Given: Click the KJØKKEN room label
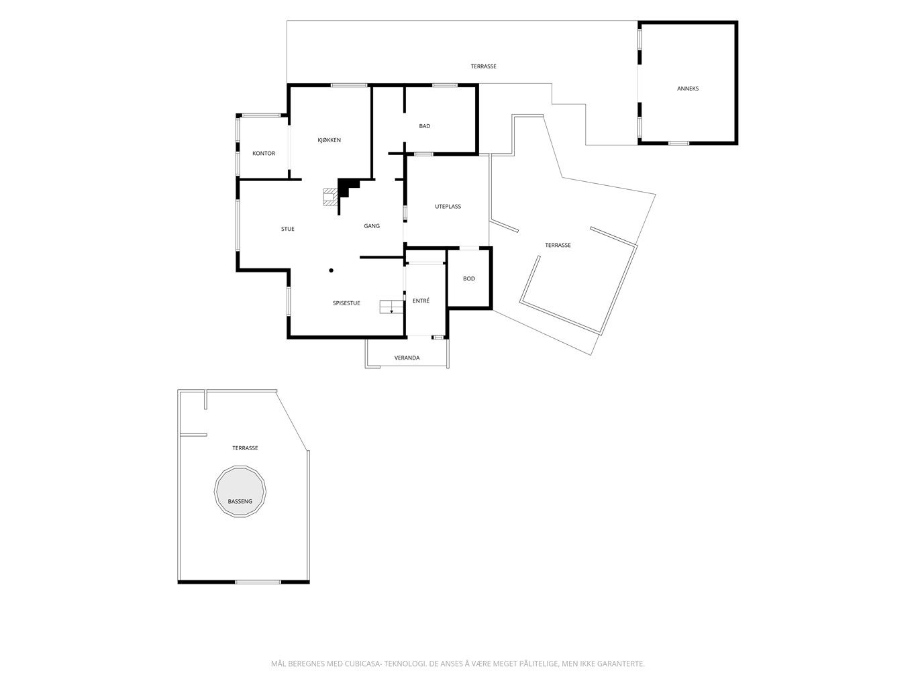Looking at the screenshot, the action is (329, 140).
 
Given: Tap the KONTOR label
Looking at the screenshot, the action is (263, 154).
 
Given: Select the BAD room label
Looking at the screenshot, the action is (424, 126).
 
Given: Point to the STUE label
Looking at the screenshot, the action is (287, 229).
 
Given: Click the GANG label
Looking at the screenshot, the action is (371, 226).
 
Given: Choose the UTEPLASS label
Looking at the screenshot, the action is (448, 207).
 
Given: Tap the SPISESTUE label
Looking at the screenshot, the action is (346, 303).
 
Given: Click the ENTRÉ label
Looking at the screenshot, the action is (421, 301).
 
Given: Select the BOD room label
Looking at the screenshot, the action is (468, 278).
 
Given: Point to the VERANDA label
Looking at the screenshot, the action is (407, 358).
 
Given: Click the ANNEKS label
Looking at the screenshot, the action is (687, 89).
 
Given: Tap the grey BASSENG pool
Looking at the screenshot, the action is (240, 492).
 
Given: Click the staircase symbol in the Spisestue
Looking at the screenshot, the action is (391, 307).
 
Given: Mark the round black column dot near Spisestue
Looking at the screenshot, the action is (331, 271).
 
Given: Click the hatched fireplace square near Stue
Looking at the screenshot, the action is (330, 197).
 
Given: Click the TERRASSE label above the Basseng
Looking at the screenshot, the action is (245, 448).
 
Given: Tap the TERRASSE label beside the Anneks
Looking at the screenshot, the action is (483, 66).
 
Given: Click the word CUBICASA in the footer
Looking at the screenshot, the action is (362, 664).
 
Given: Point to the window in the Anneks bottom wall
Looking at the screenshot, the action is (678, 143).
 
